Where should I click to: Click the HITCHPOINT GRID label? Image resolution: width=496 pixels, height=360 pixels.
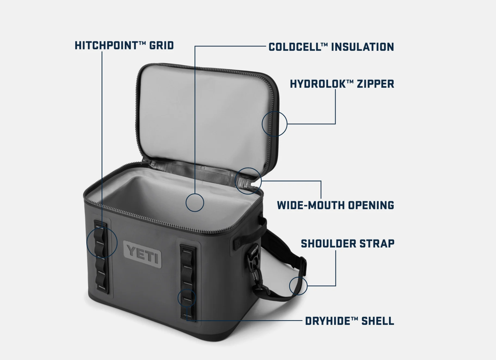(124, 45)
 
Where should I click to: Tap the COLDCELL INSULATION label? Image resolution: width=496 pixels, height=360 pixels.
(331, 47)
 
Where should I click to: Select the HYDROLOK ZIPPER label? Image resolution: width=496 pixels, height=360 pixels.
(342, 84)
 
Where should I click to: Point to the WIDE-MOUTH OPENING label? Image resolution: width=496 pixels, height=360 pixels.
(336, 205)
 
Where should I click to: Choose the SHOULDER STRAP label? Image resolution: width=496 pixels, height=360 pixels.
(347, 244)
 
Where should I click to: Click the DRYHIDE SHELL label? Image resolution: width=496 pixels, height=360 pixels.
(350, 321)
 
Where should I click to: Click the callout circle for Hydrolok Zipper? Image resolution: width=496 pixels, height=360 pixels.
(275, 111)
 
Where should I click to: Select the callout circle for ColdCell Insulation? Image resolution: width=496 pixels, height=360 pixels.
(195, 194)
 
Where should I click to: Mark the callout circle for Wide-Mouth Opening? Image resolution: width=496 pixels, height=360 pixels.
(248, 168)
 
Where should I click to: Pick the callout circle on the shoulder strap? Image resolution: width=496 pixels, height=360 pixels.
(298, 277)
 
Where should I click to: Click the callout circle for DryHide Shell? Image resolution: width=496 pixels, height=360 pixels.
(186, 289)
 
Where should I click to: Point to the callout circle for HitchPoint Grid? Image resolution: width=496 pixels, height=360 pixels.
(102, 227)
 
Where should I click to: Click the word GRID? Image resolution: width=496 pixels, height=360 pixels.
(162, 45)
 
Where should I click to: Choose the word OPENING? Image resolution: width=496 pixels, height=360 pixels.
(371, 205)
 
